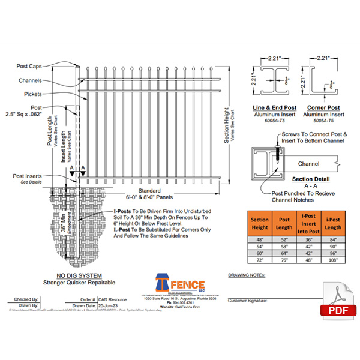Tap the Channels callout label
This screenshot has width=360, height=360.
(x=30, y=79)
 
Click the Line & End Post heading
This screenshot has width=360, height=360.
(x=271, y=106)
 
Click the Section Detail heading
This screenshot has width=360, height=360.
(x=309, y=179)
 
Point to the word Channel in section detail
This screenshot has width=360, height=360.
(x=308, y=163)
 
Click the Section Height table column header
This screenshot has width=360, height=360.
(x=259, y=223)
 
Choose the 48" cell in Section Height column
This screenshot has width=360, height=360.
(x=259, y=239)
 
